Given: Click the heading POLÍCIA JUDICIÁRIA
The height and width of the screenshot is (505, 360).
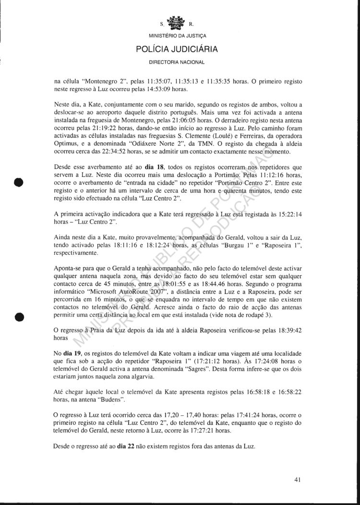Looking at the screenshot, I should [x=177, y=49].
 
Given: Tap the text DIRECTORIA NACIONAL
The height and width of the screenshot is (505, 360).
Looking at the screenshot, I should [x=177, y=62].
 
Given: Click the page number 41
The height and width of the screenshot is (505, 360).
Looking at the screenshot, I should [x=298, y=479].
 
